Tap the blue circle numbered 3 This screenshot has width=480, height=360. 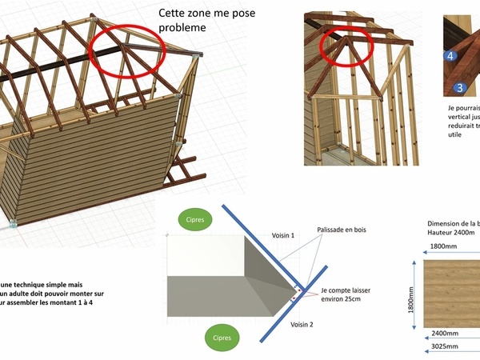tap(459, 86)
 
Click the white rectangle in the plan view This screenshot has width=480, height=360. tap(204, 256)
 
